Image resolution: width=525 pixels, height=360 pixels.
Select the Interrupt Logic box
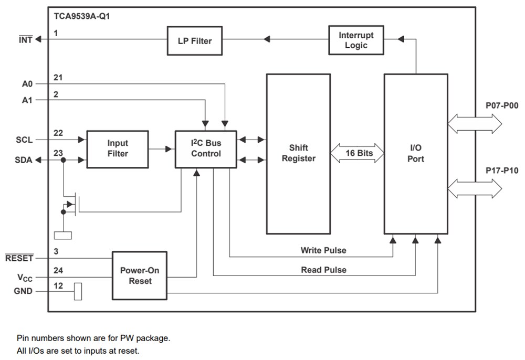point(356,40)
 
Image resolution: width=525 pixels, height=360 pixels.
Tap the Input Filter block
point(118,149)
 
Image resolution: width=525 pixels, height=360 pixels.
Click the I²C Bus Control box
point(206,149)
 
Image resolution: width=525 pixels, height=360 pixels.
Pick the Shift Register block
point(298,153)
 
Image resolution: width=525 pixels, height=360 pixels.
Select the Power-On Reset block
point(139,276)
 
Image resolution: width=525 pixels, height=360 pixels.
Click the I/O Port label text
point(415,153)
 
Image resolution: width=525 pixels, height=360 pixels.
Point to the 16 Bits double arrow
point(357,153)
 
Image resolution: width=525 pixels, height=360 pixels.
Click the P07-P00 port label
point(502,106)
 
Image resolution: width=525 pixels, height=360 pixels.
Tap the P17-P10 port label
point(502,171)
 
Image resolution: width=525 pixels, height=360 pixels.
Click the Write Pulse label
point(323,250)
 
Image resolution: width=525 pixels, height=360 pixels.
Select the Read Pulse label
point(323,270)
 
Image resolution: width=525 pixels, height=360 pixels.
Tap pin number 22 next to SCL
point(58,133)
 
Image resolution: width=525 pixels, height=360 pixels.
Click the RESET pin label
point(19,258)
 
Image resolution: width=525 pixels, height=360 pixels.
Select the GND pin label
point(23,291)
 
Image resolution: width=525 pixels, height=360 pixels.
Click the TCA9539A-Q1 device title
point(82,16)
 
